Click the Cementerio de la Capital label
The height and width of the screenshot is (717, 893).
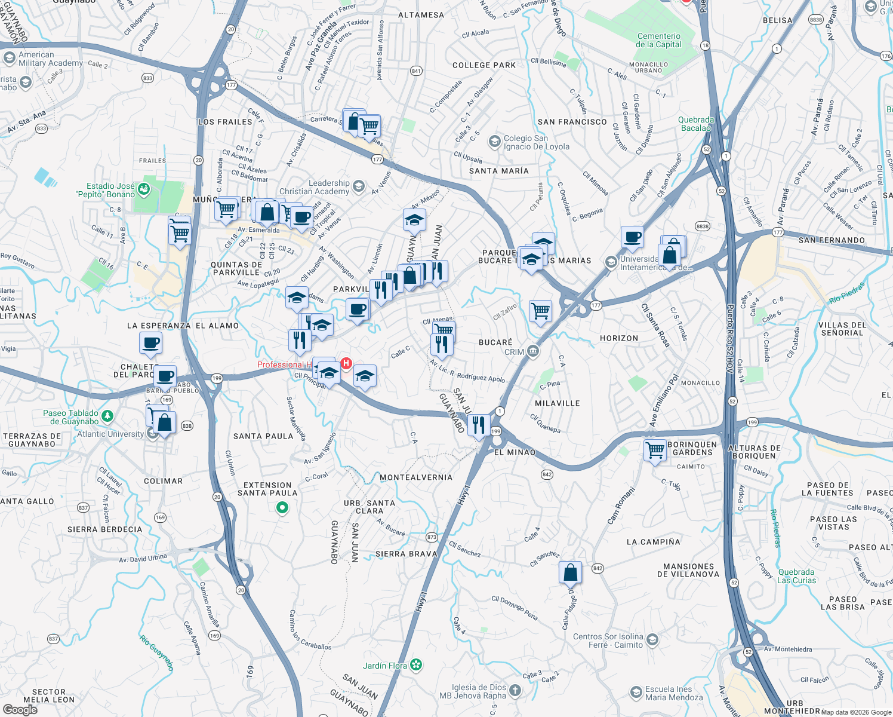click(x=658, y=40)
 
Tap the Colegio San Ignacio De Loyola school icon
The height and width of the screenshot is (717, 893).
click(x=494, y=142)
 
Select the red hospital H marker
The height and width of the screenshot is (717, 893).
click(x=346, y=363)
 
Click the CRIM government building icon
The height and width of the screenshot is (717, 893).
click(x=533, y=351)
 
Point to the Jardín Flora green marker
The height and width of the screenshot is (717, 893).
click(x=417, y=664)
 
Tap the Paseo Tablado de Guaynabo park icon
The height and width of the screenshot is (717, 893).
click(x=107, y=416)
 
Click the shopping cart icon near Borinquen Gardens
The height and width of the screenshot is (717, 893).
click(x=655, y=449)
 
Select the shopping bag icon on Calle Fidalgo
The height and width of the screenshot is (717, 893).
click(x=570, y=572)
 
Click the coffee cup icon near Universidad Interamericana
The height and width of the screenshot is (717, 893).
click(x=632, y=237)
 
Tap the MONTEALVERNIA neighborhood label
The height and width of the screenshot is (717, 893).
click(x=416, y=477)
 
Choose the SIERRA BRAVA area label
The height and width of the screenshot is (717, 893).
click(x=407, y=554)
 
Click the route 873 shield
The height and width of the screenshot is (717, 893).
click(x=432, y=537)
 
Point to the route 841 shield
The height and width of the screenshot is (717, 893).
click(x=416, y=71)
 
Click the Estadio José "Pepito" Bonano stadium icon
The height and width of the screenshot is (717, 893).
click(x=143, y=190)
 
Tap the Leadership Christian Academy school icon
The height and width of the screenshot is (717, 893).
click(x=358, y=186)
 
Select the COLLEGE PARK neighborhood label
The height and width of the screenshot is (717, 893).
click(x=484, y=65)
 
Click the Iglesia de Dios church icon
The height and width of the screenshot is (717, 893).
click(x=515, y=691)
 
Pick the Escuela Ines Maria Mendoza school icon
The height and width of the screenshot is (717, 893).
click(x=636, y=693)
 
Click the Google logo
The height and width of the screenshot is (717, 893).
click(x=20, y=710)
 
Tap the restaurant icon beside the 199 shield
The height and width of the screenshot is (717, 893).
click(x=479, y=425)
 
